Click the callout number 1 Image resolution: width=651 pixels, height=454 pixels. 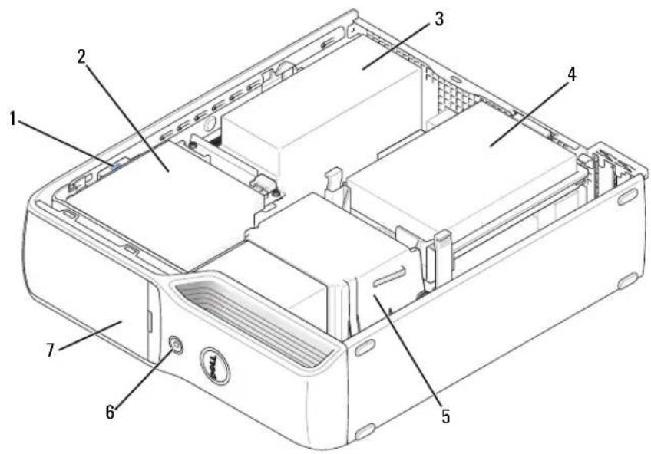tap(13, 120)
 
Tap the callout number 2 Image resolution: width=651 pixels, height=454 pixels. tap(81, 58)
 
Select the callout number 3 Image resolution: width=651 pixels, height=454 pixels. tap(438, 19)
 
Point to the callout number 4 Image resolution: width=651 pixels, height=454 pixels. tap(572, 74)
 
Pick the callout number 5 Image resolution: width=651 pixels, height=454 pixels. tap(445, 416)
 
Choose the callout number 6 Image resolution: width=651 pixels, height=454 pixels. tap(110, 412)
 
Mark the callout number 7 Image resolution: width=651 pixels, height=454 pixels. tap(50, 350)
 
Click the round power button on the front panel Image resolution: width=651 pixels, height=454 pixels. tap(176, 344)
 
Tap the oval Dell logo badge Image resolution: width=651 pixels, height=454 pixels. tap(215, 365)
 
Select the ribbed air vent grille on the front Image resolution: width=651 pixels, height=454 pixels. tap(253, 316)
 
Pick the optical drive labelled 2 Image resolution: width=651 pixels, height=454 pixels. tap(166, 195)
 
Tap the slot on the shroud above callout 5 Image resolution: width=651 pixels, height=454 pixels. tap(389, 277)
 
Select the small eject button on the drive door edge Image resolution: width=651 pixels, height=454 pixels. tap(150, 321)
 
